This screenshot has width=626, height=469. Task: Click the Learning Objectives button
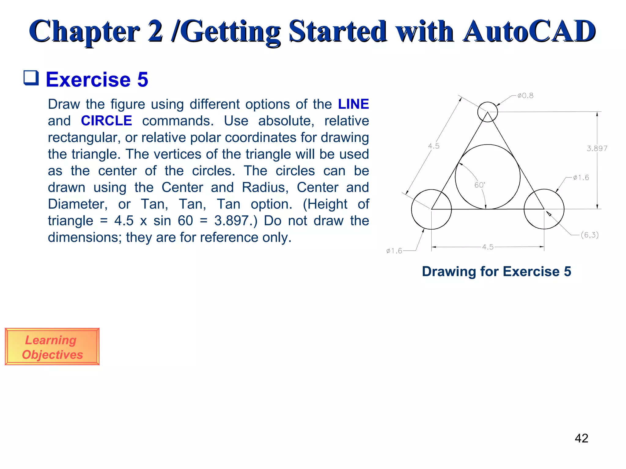pos(52,347)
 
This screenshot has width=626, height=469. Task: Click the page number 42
pos(581,438)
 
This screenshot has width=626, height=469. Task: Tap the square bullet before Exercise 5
pos(31,78)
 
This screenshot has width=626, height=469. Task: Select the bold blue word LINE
pos(353,104)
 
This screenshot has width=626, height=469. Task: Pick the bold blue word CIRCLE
pos(106,121)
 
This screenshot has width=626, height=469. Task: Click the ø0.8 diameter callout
pos(525,96)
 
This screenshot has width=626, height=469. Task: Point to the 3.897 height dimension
pos(597,149)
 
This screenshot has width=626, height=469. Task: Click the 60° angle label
pos(480,185)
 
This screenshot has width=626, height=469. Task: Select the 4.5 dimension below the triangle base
pos(488,247)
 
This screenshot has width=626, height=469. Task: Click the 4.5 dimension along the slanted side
pos(433,146)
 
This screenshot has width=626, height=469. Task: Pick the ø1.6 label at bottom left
pos(394,251)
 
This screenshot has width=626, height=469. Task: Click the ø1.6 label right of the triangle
pos(581,178)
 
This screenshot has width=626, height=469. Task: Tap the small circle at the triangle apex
pos(488,112)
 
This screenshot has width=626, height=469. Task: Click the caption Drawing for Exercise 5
pos(496,271)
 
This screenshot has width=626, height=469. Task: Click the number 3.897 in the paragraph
pos(231,221)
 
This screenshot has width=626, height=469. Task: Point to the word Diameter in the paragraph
pos(78,204)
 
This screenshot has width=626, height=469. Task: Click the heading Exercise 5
pos(97,80)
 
